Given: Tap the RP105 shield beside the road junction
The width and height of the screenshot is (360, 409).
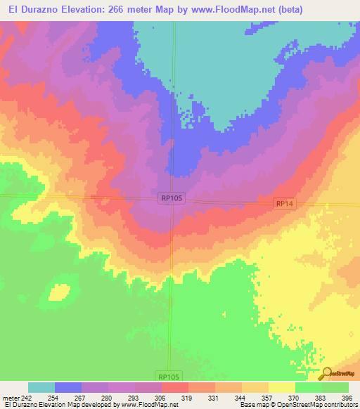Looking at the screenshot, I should (x=170, y=200).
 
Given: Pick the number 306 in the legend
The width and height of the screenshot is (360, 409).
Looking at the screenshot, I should (x=162, y=398).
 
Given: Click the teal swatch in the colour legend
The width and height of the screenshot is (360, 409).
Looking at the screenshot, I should (x=41, y=388).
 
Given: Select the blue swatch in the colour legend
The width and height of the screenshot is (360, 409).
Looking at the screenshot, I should (x=68, y=388).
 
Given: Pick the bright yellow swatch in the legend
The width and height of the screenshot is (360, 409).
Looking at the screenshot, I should (x=281, y=388).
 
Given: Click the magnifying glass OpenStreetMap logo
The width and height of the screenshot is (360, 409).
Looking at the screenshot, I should (x=326, y=373).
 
